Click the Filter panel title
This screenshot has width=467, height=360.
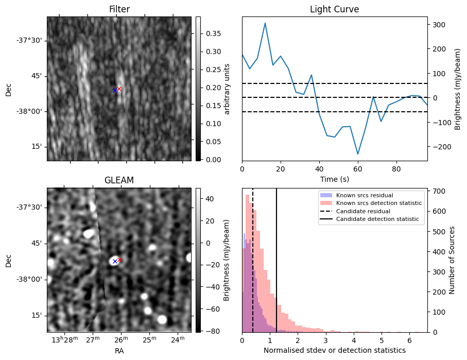point(119,9)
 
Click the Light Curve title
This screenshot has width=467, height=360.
point(334,9)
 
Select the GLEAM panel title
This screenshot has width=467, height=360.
point(119,180)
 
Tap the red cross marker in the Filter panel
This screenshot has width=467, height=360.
point(119,89)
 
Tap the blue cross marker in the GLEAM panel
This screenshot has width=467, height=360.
point(115,262)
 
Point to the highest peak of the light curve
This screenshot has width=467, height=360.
point(265,23)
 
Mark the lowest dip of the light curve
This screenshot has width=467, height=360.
point(358,154)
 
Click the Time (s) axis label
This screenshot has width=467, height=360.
point(334,178)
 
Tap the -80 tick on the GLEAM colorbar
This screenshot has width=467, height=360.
point(210,331)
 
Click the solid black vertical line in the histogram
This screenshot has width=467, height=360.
point(276,258)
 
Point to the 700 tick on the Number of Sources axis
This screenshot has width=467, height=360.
point(437,191)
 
